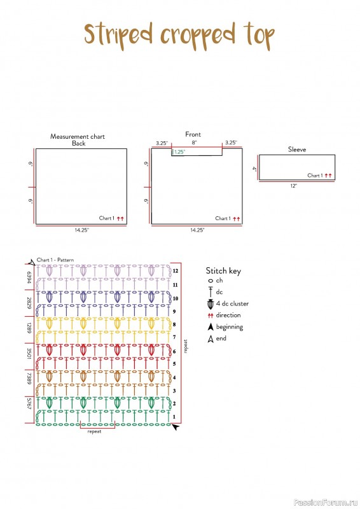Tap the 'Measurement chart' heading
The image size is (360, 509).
pyautogui.click(x=77, y=137)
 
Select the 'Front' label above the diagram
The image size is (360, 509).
pyautogui.click(x=193, y=134)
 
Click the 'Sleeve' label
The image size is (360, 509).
pyautogui.click(x=297, y=150)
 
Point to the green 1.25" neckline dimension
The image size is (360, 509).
pyautogui.click(x=179, y=152)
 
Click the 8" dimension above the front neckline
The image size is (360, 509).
pyautogui.click(x=194, y=143)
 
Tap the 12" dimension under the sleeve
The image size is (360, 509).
pyautogui.click(x=294, y=186)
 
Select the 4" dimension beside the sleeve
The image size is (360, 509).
pyautogui.click(x=254, y=169)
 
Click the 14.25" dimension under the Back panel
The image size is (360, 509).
pyautogui.click(x=81, y=230)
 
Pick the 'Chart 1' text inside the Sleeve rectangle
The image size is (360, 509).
pyautogui.click(x=315, y=176)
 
